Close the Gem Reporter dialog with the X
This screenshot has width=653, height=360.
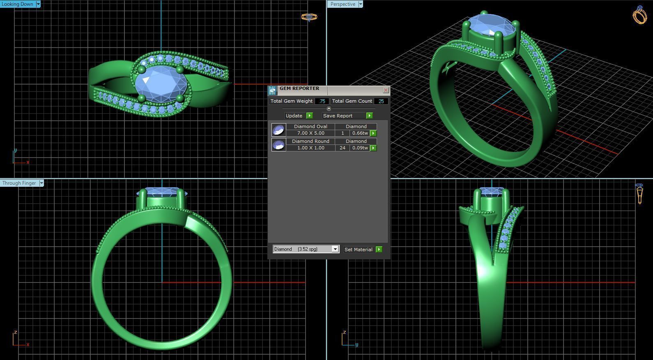point(386,90)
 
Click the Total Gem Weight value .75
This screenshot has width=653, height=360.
point(322,101)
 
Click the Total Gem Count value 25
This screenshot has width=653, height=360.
point(381,101)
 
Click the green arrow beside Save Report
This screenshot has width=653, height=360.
point(369,116)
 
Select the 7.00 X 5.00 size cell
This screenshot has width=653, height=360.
point(310,133)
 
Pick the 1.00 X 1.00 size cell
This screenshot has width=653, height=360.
point(310,148)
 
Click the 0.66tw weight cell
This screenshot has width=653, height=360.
point(360,133)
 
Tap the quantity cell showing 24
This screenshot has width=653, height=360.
point(342,148)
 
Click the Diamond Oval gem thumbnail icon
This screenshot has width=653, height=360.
point(278,130)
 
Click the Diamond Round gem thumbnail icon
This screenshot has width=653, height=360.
point(278,145)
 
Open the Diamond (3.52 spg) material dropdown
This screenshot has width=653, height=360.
point(335,249)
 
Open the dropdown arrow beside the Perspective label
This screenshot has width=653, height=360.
point(361,4)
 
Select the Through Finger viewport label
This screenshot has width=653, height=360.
point(19,183)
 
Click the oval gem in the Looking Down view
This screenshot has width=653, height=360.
point(161,84)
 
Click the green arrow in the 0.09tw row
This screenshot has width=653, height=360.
point(373,148)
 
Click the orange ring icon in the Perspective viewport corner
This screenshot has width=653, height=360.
point(639,16)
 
